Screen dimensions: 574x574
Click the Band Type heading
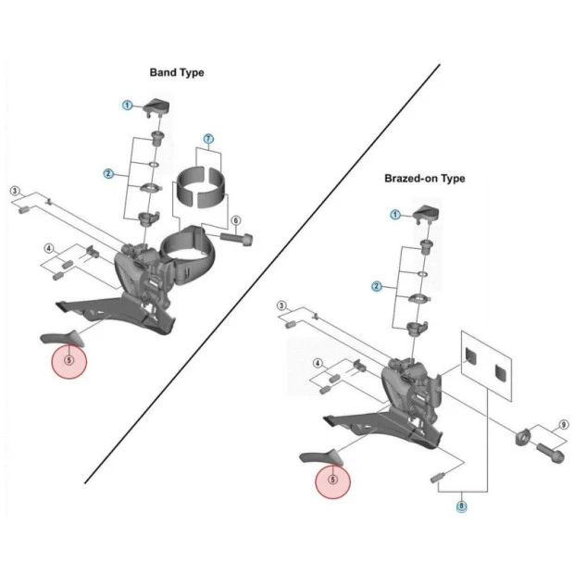(x=177, y=72)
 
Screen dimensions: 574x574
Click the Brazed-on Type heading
(x=425, y=179)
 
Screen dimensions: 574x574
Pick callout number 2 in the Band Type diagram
(x=109, y=173)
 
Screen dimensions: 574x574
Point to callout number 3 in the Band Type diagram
(x=15, y=192)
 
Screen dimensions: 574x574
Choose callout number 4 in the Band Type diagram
(x=50, y=249)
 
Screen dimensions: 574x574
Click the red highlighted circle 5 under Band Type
(x=68, y=360)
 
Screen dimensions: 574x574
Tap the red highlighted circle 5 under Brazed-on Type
(x=332, y=480)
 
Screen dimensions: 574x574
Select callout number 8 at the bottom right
(x=461, y=505)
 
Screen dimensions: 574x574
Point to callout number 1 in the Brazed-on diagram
(x=395, y=215)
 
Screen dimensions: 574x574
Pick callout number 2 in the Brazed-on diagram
(x=377, y=286)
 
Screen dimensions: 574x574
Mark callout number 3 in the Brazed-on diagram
(x=281, y=305)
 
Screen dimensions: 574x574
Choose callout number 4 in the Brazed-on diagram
(x=318, y=364)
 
